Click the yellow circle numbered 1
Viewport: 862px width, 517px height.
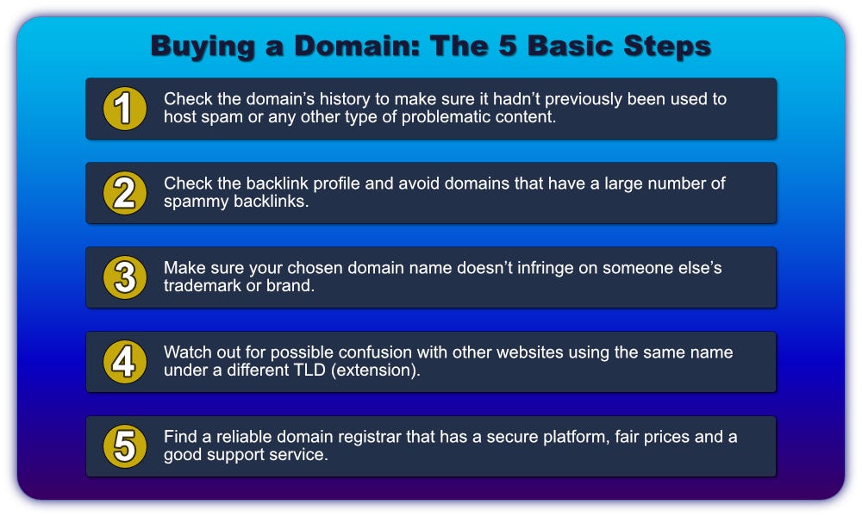[x=125, y=109]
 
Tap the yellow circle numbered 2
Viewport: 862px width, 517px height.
[x=125, y=193]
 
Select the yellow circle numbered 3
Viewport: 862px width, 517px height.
[x=125, y=277]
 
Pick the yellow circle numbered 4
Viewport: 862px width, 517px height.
[x=125, y=362]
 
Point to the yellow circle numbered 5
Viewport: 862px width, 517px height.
[x=125, y=446]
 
